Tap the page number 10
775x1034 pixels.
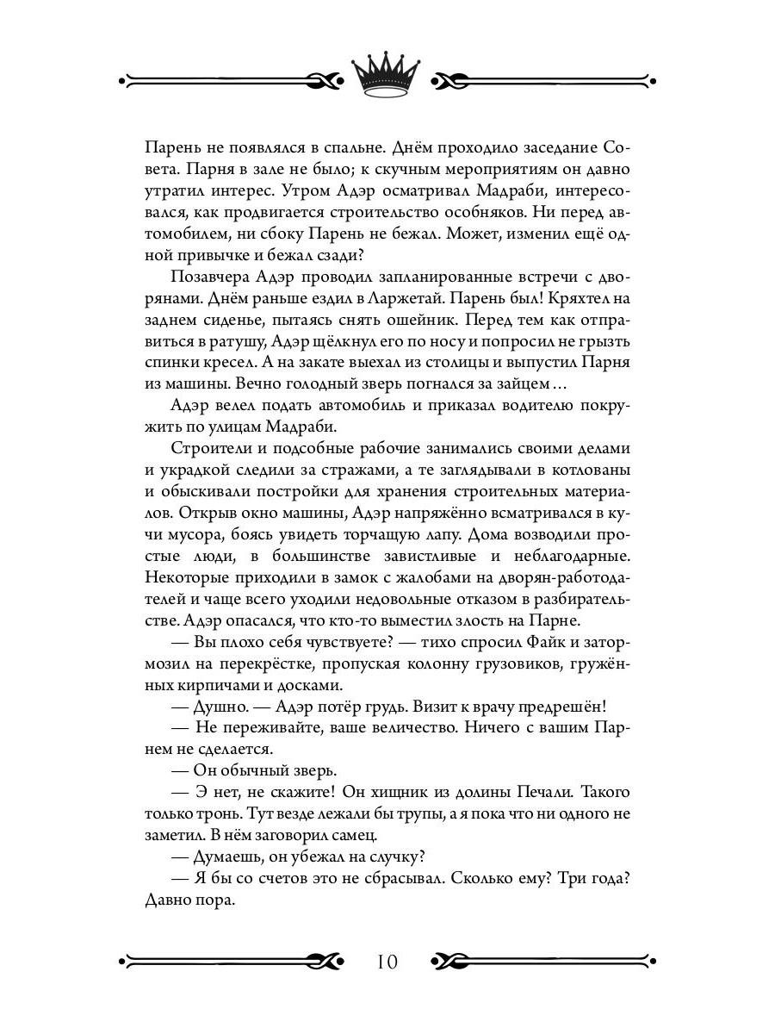(387, 962)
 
